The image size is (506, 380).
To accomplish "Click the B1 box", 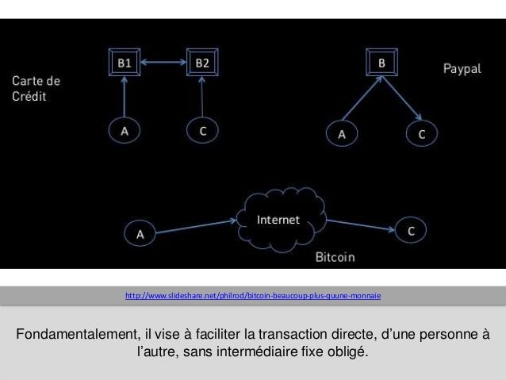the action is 124,63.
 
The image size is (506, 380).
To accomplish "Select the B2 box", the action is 202,63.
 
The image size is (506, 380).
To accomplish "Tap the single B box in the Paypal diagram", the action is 382,63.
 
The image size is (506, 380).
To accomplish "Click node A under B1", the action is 125,132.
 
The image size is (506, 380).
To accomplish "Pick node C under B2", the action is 202,132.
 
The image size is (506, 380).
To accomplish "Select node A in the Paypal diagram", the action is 342,134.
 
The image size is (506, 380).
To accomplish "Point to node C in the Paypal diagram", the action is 421,134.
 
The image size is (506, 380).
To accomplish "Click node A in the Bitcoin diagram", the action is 140,234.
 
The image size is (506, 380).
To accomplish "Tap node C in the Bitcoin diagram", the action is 410,230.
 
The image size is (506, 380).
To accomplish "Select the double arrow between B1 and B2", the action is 163,63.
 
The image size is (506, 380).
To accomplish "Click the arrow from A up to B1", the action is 125,97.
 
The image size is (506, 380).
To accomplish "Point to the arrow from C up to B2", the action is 202,97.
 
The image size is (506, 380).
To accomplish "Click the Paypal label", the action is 462,70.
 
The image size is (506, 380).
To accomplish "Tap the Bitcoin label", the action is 334,258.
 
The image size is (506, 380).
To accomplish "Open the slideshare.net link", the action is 253,297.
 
